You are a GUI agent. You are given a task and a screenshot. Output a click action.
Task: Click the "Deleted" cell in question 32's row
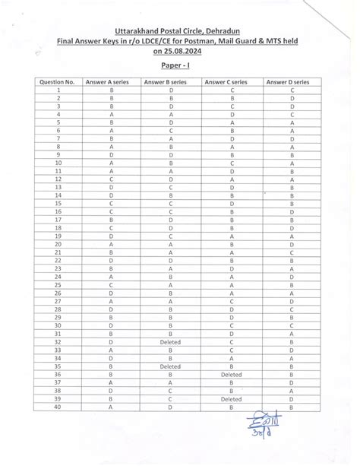point(171,342)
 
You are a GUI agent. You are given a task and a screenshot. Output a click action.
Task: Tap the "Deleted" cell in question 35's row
point(171,366)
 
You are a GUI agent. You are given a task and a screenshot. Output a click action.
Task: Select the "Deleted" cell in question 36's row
point(231,375)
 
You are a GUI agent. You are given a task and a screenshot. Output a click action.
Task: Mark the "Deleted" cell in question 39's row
point(231,399)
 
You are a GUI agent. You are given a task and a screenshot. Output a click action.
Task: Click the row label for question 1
point(58,90)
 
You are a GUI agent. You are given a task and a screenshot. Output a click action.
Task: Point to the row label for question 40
point(58,407)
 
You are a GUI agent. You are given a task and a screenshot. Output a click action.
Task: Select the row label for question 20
point(58,245)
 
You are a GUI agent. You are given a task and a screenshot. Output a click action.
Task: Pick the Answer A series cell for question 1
point(112,90)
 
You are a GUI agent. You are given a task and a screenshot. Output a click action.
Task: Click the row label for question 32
point(58,342)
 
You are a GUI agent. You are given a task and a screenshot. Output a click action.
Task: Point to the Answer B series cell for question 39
point(171,399)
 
